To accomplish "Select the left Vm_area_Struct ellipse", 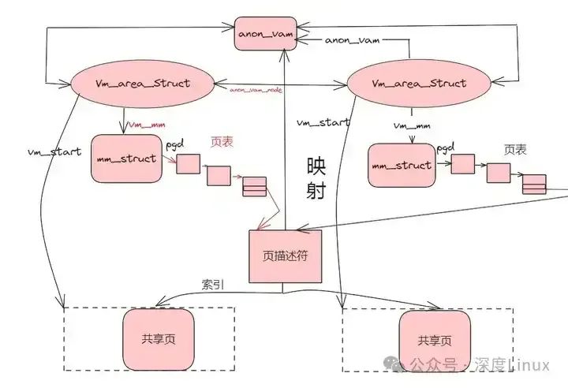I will pos(144,84).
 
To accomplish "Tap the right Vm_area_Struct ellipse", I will pos(418,84).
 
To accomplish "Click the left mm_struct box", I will pos(126,159).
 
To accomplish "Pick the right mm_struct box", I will pos(402,166).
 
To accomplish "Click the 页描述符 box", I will pos(286,256).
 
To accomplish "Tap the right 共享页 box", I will pos(435,341).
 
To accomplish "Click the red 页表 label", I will pos(222,142).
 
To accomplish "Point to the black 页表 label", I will pos(516,149).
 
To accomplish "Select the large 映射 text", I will pos(316,178).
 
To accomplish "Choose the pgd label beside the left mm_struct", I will pos(175,146).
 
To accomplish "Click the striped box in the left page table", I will pos(254,188).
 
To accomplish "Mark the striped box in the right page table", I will pos(534,184).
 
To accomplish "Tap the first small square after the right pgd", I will pos(462,165).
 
